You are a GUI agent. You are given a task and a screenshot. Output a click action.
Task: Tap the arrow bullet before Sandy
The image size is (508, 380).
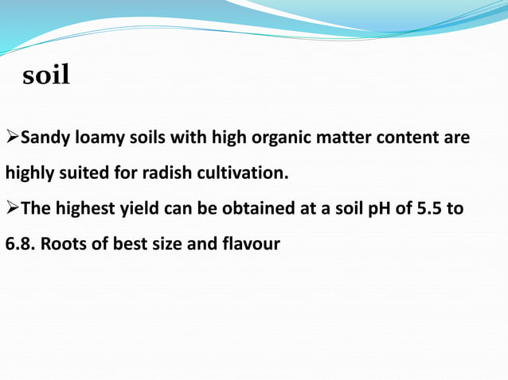pos(12,138)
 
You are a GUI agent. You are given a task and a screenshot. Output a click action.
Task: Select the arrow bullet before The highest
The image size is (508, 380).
pos(12,209)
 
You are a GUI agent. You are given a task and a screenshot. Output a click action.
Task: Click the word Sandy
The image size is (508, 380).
pos(45,138)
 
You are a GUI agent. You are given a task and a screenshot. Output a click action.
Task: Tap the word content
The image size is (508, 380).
pos(410,138)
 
